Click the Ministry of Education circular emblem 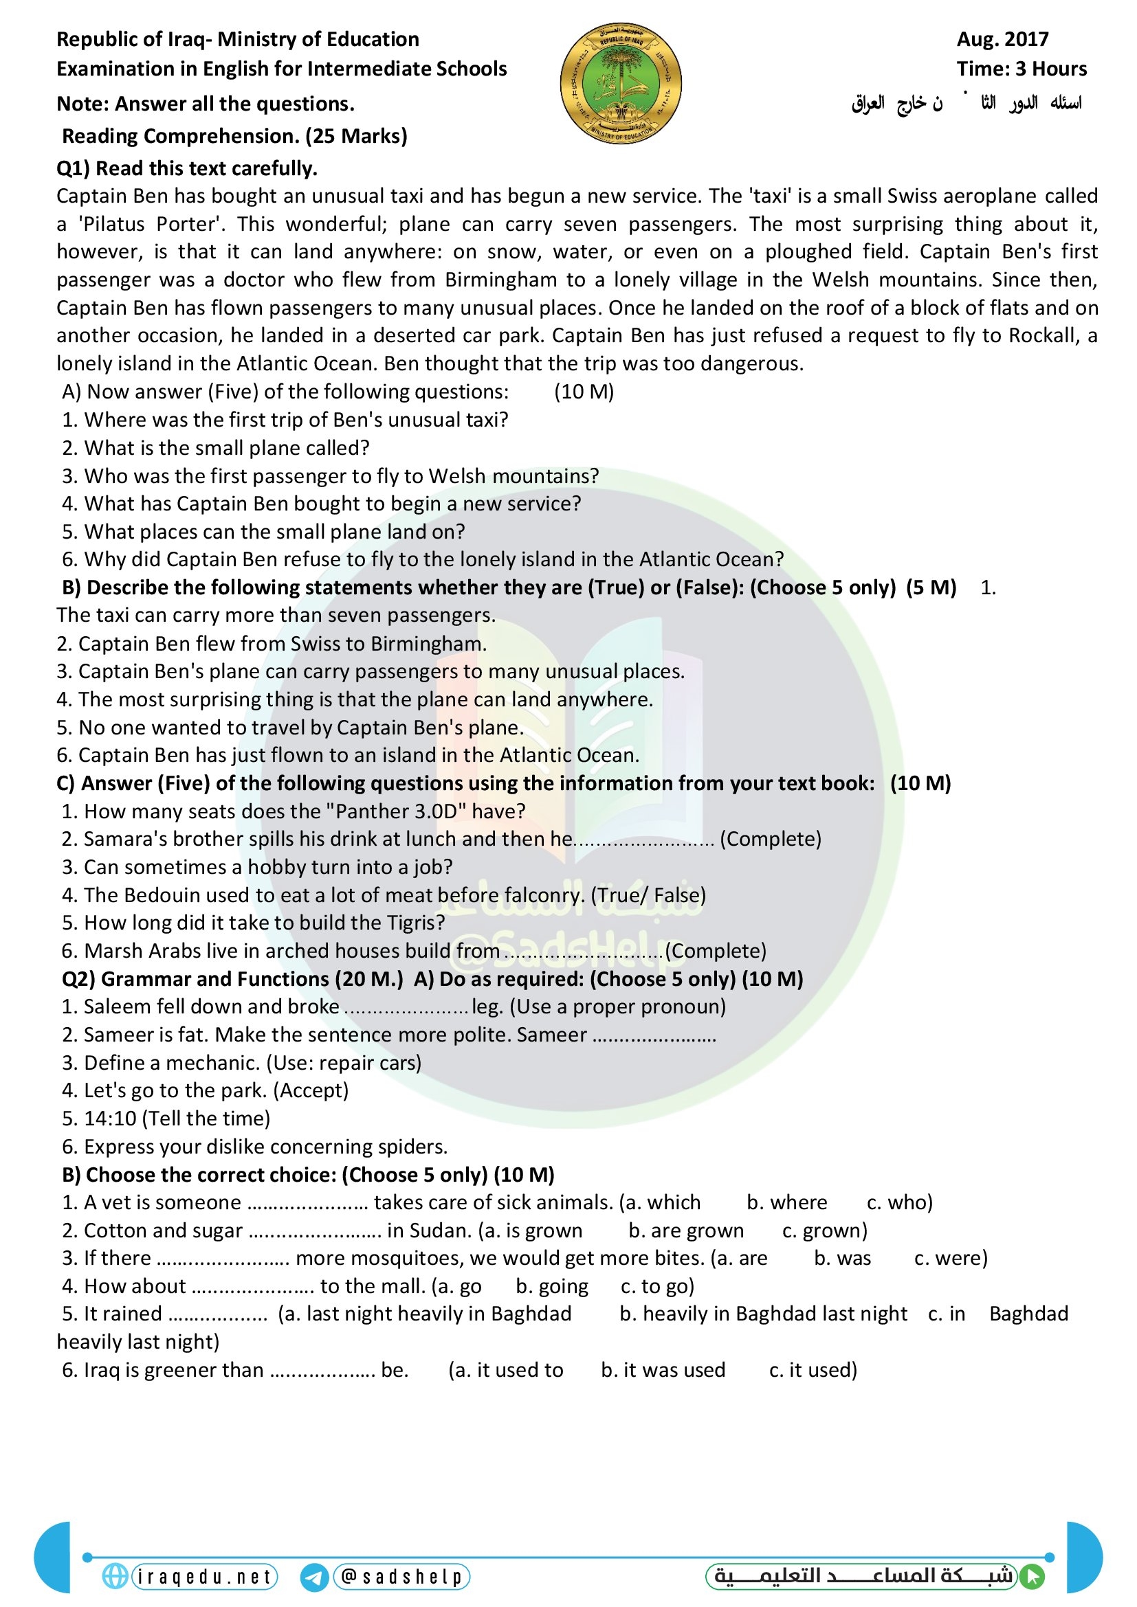pos(620,82)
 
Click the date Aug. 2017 pos(1002,39)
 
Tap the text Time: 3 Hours pos(1021,69)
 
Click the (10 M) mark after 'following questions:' pos(583,391)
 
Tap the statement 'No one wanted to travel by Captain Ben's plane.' pos(290,727)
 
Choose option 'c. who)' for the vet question pos(899,1202)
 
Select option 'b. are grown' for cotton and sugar pos(685,1230)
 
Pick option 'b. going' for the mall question pos(552,1285)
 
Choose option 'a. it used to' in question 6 pos(505,1370)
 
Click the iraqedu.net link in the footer pos(203,1576)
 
